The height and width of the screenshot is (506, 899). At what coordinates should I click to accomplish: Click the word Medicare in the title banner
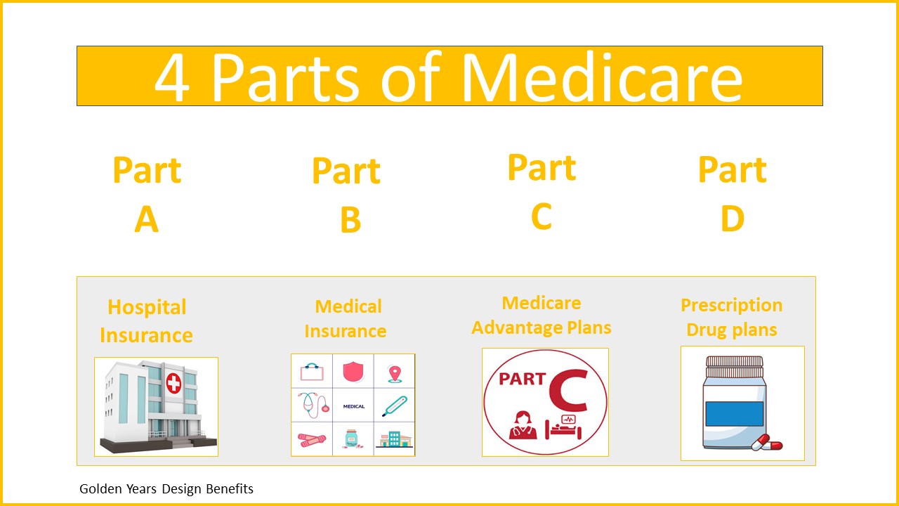602,77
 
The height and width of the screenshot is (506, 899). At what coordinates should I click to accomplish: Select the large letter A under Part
147,219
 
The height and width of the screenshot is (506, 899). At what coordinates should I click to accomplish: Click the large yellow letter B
350,220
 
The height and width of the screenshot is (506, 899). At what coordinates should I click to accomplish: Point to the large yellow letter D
733,219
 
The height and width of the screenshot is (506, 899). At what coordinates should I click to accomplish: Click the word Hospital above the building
147,308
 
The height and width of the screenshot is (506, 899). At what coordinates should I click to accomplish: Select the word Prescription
732,306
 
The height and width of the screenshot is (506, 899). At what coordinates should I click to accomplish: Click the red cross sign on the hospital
173,383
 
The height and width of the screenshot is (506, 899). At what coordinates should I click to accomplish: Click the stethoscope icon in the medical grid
313,405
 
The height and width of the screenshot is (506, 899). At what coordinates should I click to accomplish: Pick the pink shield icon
353,372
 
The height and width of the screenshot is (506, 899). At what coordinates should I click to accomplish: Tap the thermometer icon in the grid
395,406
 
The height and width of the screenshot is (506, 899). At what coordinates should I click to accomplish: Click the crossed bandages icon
312,440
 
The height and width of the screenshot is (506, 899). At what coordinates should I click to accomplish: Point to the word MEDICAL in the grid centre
353,406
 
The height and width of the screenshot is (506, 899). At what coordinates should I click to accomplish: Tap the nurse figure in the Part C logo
523,425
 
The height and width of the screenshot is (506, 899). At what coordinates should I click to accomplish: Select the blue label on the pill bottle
735,414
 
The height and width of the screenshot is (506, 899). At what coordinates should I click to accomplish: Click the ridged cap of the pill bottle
735,367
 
